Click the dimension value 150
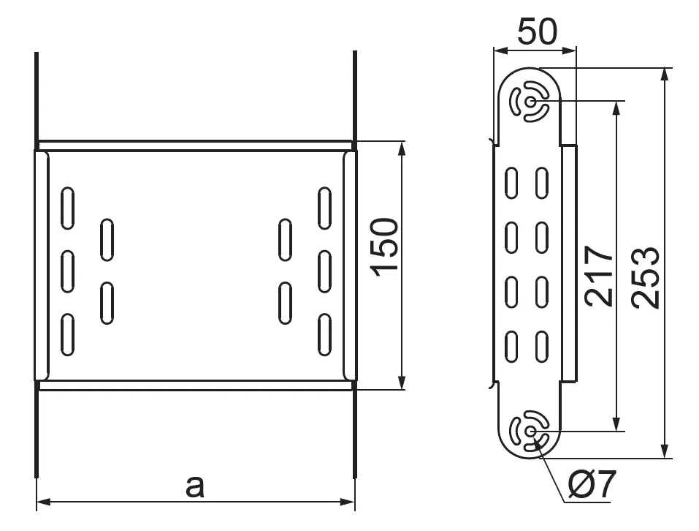coord(384,246)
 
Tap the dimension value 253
coord(645,276)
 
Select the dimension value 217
coord(599,276)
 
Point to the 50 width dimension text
coord(537,31)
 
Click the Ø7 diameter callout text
coord(592,484)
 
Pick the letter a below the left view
coord(195,487)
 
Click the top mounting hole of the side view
coord(530,102)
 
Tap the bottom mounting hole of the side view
coord(530,431)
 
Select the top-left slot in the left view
coord(67,208)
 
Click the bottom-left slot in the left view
coord(67,335)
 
